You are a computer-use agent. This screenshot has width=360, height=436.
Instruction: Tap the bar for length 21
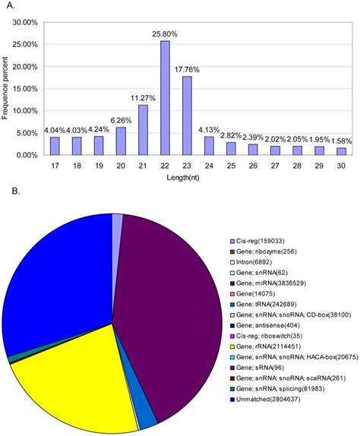point(142,130)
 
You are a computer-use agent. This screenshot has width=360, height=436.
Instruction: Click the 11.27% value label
point(142,98)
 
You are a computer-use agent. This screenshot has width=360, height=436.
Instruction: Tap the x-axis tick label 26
point(254,164)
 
